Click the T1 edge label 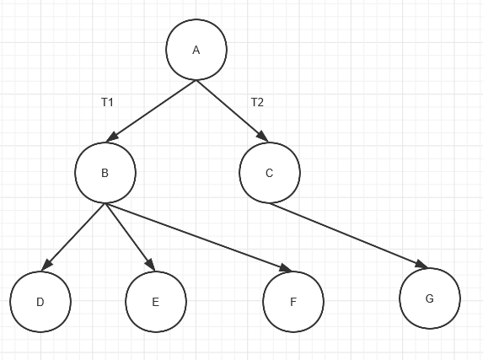(x=107, y=102)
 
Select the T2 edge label (x=257, y=102)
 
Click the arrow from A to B (x=151, y=111)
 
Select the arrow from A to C (x=233, y=111)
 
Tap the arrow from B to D (x=73, y=237)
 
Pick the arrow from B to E (x=130, y=237)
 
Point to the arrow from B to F (x=198, y=237)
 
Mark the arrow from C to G (x=349, y=235)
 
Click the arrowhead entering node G (x=422, y=264)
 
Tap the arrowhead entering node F (x=286, y=268)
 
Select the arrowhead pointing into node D (x=46, y=266)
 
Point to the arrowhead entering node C (x=263, y=137)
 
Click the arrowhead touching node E (x=151, y=266)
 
